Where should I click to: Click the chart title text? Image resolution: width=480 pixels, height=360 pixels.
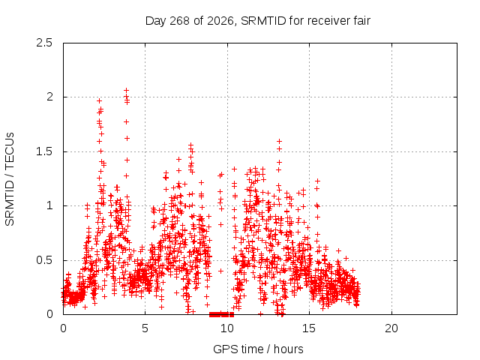pyautogui.click(x=258, y=21)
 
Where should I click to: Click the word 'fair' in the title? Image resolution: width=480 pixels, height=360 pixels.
pyautogui.click(x=361, y=20)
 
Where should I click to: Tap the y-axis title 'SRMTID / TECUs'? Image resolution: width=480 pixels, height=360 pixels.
pyautogui.click(x=10, y=179)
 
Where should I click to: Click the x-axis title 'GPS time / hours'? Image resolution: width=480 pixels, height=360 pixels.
pyautogui.click(x=258, y=349)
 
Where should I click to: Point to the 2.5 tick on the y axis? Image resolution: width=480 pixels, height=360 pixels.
pyautogui.click(x=44, y=43)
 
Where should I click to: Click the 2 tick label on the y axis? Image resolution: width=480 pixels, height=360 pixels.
pyautogui.click(x=49, y=97)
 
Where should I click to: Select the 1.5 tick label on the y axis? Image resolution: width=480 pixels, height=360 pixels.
pyautogui.click(x=44, y=151)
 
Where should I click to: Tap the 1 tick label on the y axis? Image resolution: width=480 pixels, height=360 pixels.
pyautogui.click(x=49, y=205)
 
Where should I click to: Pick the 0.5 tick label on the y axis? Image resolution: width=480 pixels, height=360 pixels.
pyautogui.click(x=44, y=260)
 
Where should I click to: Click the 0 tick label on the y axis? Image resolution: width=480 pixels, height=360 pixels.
pyautogui.click(x=49, y=314)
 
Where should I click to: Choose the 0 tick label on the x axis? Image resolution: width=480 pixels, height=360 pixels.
pyautogui.click(x=63, y=328)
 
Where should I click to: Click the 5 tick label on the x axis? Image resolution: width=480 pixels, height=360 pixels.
pyautogui.click(x=145, y=328)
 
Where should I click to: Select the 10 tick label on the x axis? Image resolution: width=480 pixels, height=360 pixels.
pyautogui.click(x=227, y=328)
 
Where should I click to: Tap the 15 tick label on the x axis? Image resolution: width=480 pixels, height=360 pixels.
pyautogui.click(x=309, y=328)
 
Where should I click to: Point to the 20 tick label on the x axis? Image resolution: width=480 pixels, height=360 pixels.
pyautogui.click(x=391, y=328)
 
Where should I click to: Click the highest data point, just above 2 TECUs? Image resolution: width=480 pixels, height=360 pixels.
pyautogui.click(x=126, y=90)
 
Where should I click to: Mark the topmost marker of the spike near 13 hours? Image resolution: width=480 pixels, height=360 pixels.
pyautogui.click(x=279, y=142)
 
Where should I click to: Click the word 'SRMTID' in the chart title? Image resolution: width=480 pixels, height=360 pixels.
pyautogui.click(x=263, y=21)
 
